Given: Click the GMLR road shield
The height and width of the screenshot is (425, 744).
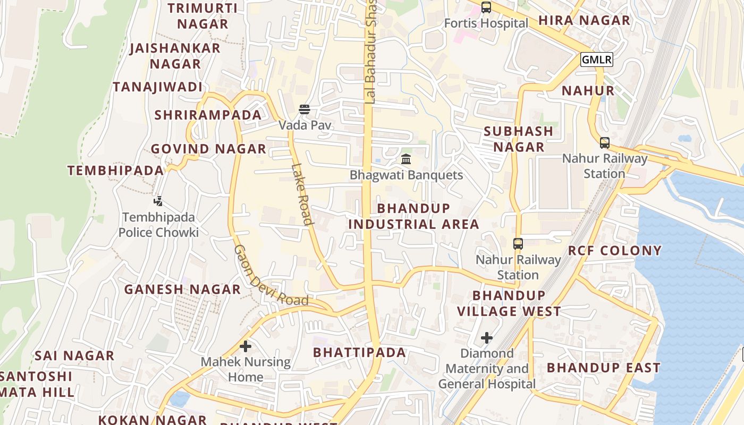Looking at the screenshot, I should point(596,59).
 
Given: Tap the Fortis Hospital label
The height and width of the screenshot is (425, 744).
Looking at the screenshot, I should point(486,23).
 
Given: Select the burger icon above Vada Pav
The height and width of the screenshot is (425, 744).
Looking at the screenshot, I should point(305,109).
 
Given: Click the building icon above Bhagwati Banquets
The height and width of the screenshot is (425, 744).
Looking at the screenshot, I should point(406,159).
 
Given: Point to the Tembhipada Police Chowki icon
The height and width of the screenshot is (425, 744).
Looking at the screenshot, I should point(158,201).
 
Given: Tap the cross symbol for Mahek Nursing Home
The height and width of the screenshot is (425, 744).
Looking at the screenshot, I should point(245,346).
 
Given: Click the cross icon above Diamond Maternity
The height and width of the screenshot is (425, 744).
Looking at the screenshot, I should point(486,338).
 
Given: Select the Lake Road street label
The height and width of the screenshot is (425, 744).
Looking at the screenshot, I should point(301,193).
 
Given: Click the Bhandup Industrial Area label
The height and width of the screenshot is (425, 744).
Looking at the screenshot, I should point(413,216).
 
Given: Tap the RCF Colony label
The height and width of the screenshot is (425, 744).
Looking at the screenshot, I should point(615,251).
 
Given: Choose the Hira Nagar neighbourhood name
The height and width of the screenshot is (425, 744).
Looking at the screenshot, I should point(584,21).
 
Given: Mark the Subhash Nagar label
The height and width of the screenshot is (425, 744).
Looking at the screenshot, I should point(519,139).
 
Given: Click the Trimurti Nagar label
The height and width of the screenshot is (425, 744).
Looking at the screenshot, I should point(202,16).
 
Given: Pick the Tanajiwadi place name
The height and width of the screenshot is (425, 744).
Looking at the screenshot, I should point(157,87).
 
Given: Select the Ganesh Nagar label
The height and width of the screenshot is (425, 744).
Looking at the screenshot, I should point(182,290).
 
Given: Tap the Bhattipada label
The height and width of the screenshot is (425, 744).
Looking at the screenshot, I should point(359,353).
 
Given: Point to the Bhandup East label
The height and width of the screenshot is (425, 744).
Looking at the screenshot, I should point(603,368).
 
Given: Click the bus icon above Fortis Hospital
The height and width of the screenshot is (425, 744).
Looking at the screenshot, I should point(486,7).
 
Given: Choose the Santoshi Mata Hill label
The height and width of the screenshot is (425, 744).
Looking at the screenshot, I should point(37,384).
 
